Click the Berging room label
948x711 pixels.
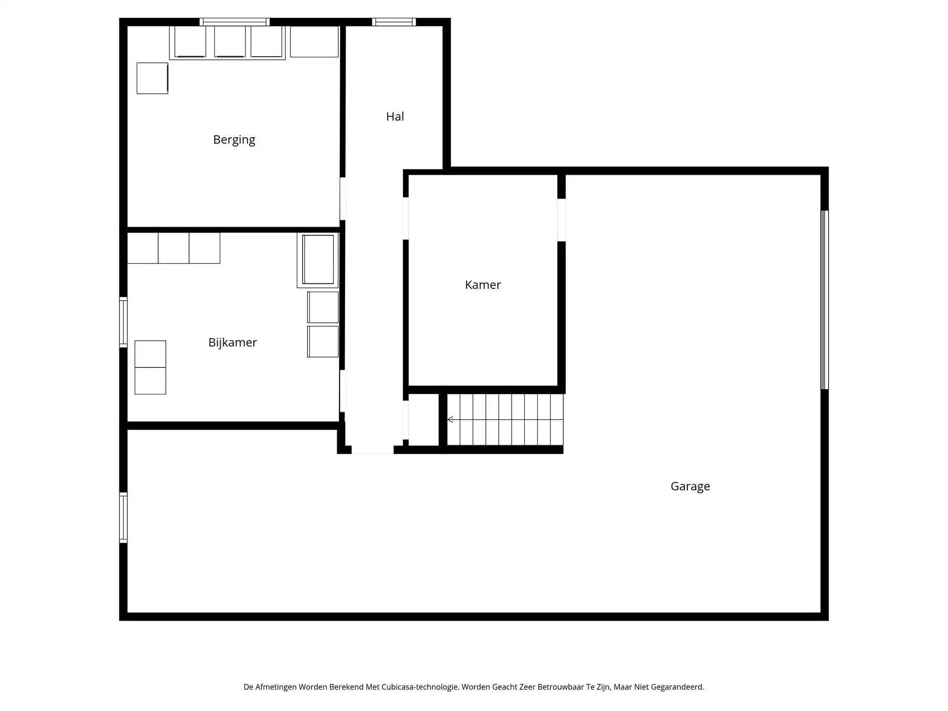tap(234, 140)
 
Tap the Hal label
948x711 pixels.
tap(395, 117)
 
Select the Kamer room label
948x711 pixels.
tap(483, 285)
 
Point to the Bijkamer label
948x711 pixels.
tap(233, 343)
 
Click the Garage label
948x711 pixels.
tap(690, 486)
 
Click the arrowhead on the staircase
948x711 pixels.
tap(450, 420)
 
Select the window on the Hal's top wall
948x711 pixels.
tap(394, 22)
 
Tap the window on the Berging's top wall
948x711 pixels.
tap(235, 22)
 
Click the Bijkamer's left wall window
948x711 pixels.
tap(123, 322)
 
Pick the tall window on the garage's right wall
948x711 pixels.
tap(824, 300)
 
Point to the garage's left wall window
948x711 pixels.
tap(123, 517)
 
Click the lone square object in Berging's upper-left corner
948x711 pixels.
tap(152, 78)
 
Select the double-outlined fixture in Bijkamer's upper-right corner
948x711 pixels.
tap(318, 260)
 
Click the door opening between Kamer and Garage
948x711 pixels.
tap(561, 220)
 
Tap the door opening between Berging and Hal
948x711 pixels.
tap(343, 199)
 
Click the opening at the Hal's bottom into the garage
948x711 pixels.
tap(372, 450)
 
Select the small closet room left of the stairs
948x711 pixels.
tap(424, 420)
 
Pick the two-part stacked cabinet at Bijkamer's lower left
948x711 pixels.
tap(150, 367)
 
